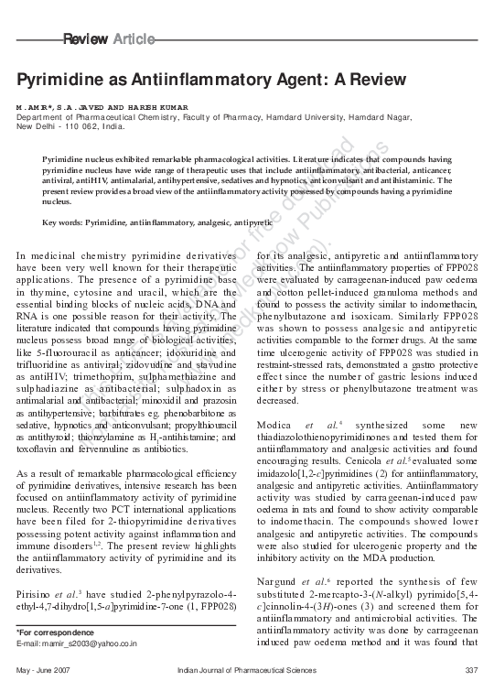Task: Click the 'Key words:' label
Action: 63,222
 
